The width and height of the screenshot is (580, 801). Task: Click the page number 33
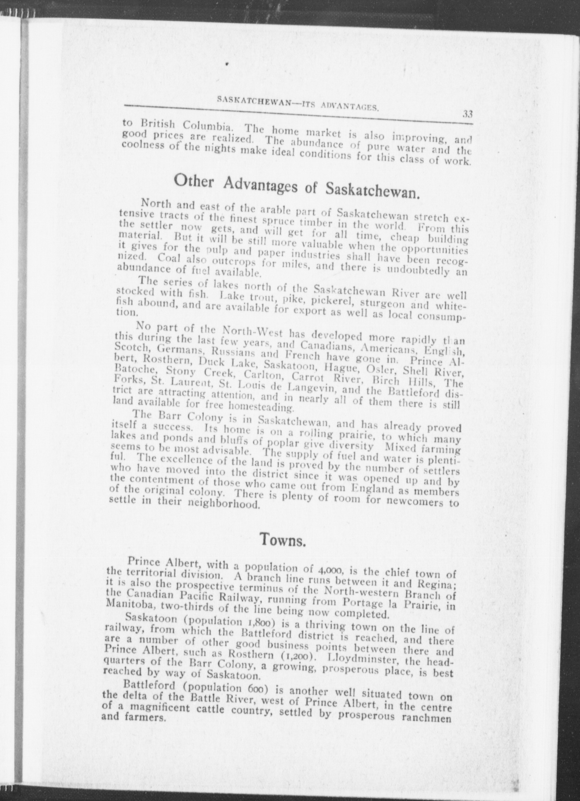click(467, 114)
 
